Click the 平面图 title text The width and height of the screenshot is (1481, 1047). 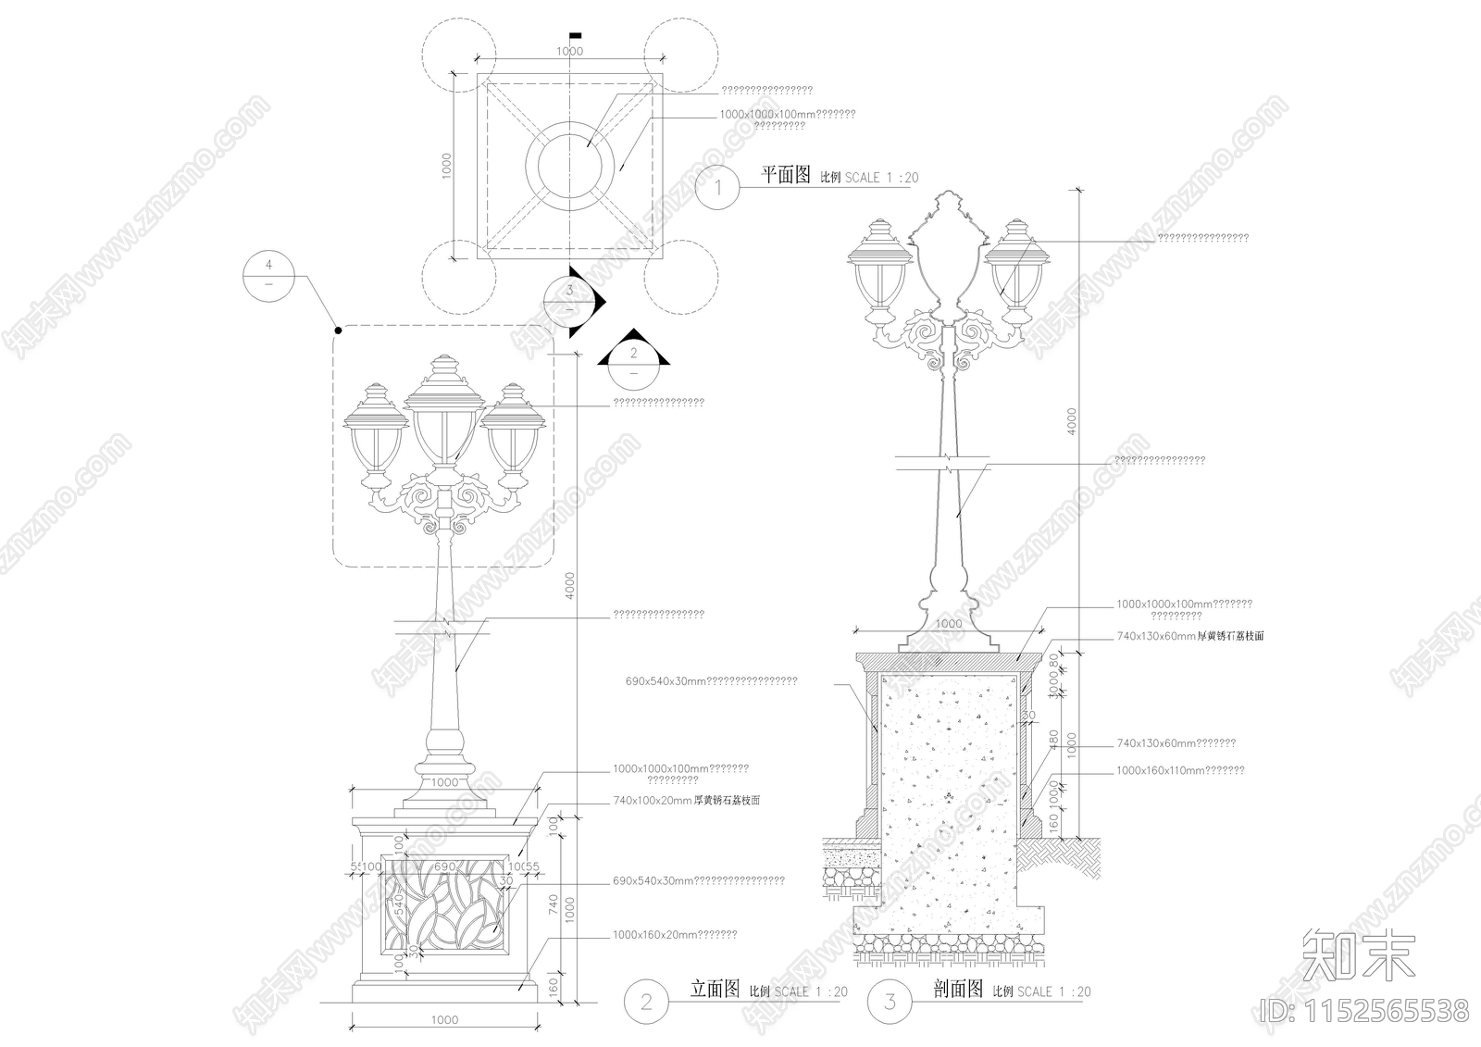pyautogui.click(x=785, y=175)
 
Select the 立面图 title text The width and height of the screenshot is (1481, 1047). pyautogui.click(x=715, y=989)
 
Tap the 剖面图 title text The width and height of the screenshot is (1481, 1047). pyautogui.click(x=958, y=990)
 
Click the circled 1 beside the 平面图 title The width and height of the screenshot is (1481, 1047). pyautogui.click(x=719, y=189)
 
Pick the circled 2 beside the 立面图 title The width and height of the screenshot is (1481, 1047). pyautogui.click(x=646, y=1001)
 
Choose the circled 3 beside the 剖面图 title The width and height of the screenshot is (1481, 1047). pyautogui.click(x=890, y=1001)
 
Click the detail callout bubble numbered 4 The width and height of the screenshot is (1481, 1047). pyautogui.click(x=268, y=274)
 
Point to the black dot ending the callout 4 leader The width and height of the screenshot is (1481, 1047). pyautogui.click(x=338, y=330)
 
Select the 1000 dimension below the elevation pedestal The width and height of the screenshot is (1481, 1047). pyautogui.click(x=445, y=1019)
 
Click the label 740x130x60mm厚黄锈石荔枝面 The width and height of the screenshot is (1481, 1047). pyautogui.click(x=1189, y=637)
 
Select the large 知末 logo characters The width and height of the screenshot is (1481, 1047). pyautogui.click(x=1358, y=954)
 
